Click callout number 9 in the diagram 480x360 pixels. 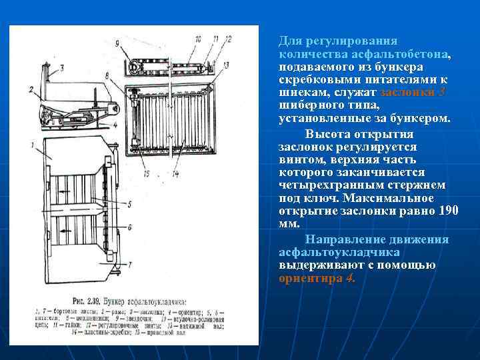click(x=117, y=44)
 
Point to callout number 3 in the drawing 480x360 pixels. click(x=61, y=67)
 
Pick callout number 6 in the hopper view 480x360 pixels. click(x=129, y=227)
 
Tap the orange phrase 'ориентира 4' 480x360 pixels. click(x=317, y=279)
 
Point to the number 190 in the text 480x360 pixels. click(x=449, y=211)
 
